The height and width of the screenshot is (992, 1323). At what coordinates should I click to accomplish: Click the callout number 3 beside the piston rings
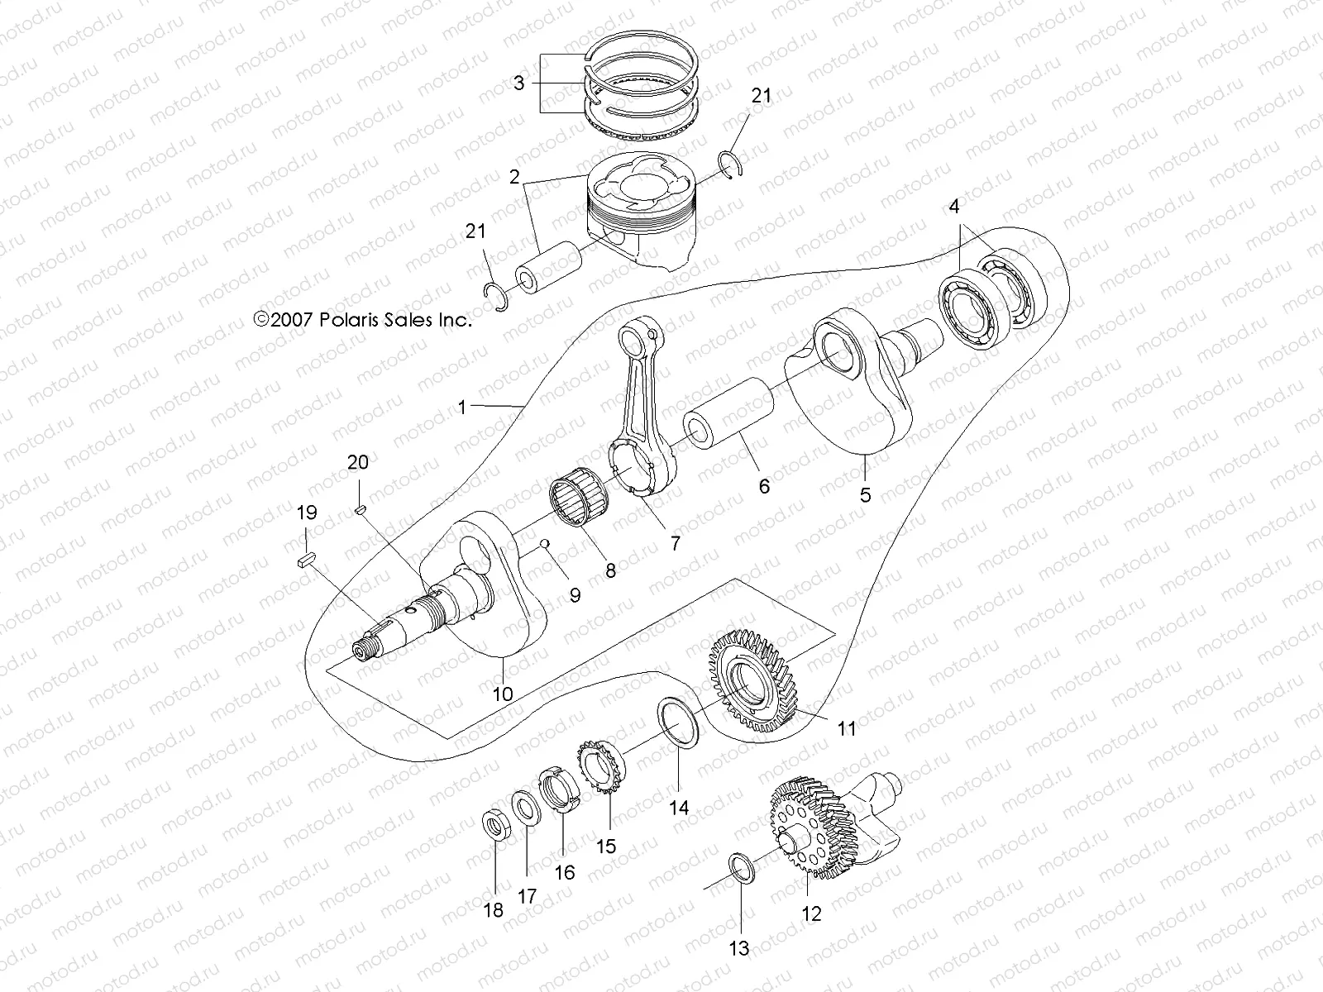(x=518, y=83)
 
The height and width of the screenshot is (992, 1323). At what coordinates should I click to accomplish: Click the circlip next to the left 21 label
(x=496, y=296)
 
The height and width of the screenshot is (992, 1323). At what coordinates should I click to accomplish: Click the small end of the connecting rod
(x=656, y=336)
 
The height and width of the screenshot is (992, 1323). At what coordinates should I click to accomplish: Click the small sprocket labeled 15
(x=601, y=765)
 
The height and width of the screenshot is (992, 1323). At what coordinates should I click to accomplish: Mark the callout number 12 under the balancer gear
(x=812, y=913)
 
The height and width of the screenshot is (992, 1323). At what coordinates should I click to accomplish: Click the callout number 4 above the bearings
(x=954, y=207)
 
